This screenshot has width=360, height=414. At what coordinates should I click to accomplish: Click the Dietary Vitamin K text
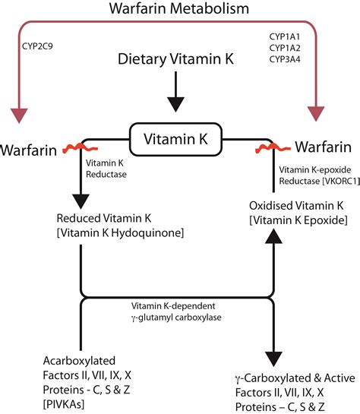(177, 79)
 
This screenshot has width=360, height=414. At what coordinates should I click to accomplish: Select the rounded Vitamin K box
(176, 140)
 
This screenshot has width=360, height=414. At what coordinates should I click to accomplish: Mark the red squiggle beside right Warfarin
(282, 144)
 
